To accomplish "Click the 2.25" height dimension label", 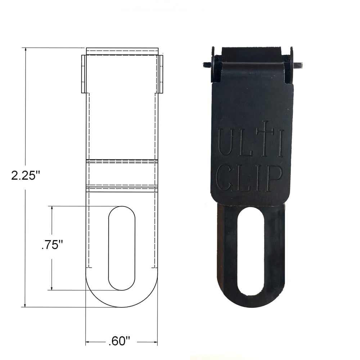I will click(25, 175).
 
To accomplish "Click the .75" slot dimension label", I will click(52, 246).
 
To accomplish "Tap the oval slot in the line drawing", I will click(122, 248).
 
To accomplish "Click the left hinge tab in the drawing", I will click(84, 74).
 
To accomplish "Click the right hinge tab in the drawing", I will click(160, 74).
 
